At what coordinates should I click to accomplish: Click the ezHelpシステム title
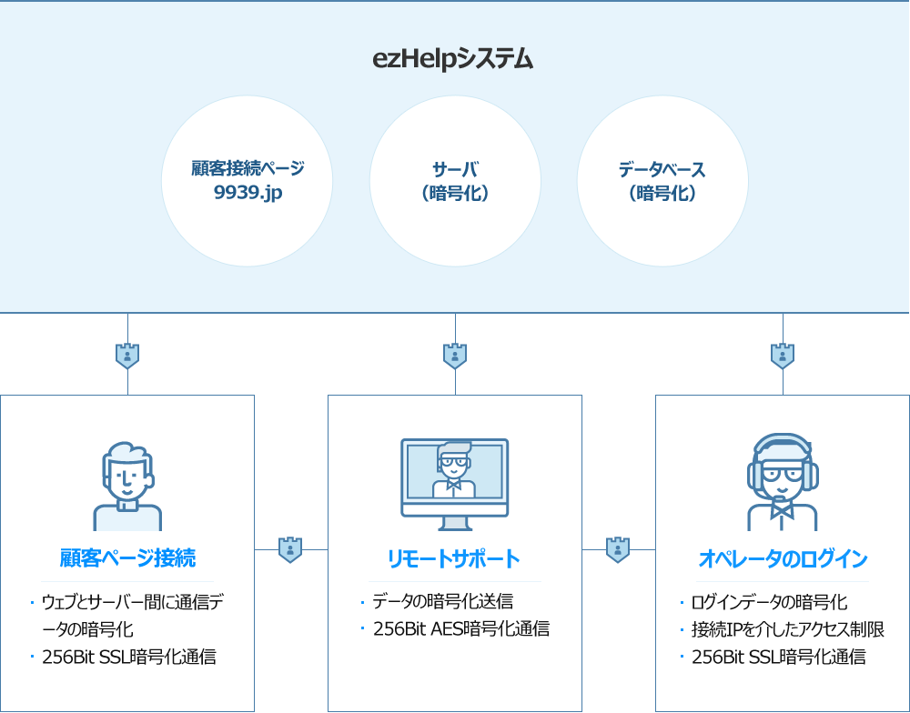tap(453, 60)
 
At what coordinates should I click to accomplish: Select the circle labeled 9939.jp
tap(247, 181)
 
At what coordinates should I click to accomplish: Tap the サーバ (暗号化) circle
tap(455, 181)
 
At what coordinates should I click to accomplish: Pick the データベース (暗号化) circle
tap(662, 181)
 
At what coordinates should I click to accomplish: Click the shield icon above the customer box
tap(127, 356)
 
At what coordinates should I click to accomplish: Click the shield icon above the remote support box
tap(455, 356)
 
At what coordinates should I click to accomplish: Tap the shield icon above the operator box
tap(783, 356)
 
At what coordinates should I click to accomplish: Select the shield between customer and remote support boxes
tap(290, 549)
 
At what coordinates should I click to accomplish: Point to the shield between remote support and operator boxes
tap(618, 549)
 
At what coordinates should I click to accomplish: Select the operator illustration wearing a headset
tap(783, 482)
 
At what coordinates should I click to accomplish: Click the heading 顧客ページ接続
tap(127, 557)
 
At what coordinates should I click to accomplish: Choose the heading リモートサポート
tap(454, 558)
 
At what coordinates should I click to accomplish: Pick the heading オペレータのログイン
tap(783, 558)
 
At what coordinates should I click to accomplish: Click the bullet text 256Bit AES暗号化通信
tap(461, 628)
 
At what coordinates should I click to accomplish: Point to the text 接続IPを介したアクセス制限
tap(788, 629)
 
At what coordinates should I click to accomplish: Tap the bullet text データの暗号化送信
tap(443, 601)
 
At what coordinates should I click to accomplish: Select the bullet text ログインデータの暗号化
tap(770, 602)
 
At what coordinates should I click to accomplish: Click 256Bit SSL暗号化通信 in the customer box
tap(129, 657)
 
